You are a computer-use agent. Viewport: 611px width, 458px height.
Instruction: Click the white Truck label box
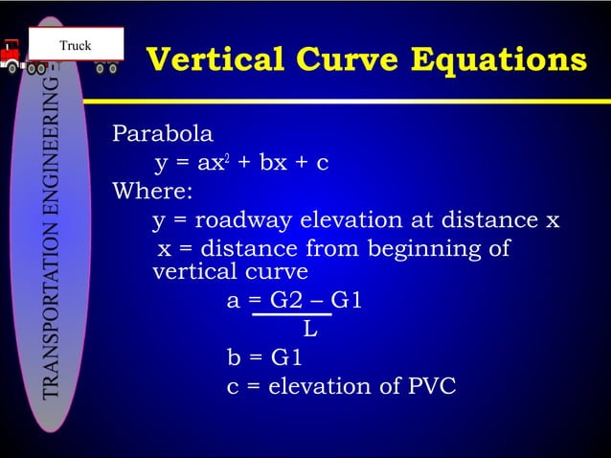click(77, 44)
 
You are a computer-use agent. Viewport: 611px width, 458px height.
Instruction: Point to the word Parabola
click(163, 133)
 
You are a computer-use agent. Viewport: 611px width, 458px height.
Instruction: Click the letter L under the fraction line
click(309, 331)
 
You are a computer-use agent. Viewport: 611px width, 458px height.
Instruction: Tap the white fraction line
click(291, 313)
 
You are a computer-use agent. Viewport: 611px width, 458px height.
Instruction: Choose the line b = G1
click(264, 358)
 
